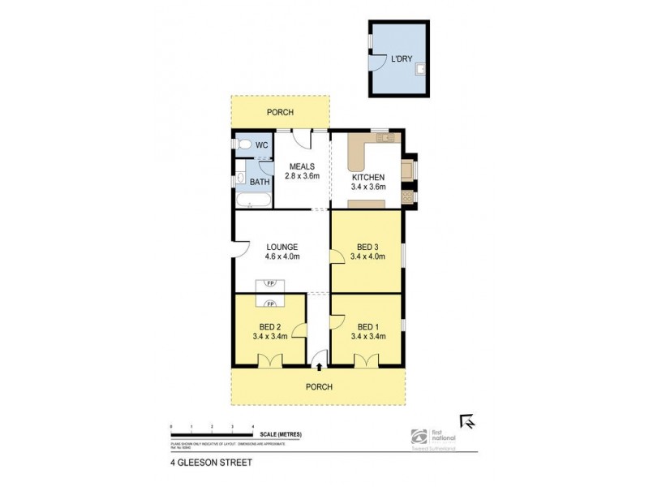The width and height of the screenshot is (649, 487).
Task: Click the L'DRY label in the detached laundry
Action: coord(401,60)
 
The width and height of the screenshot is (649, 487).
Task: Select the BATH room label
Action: coord(260,182)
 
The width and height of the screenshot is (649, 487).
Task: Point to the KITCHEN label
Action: coord(367,177)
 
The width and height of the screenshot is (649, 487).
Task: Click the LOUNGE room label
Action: coord(282,247)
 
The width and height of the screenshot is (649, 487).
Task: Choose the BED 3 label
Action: coord(367,247)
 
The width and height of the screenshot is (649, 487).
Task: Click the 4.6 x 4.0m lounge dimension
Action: coord(282,257)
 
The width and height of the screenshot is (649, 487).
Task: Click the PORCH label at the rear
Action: coord(280,113)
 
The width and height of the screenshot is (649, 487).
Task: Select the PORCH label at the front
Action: coord(319,386)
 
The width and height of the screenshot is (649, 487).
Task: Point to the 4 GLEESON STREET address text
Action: coord(208,463)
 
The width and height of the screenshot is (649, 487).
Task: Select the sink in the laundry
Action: coord(420,70)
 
